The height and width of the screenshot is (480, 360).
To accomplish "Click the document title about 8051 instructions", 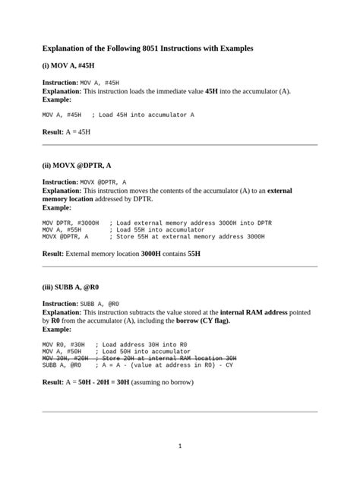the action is point(147,48).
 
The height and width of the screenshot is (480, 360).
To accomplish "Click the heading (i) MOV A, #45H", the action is point(68,66).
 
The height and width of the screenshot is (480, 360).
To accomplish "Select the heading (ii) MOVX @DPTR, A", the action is point(77,165).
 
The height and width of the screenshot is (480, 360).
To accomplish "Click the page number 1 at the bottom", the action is point(180,446).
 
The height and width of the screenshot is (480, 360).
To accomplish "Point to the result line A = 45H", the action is point(66,131).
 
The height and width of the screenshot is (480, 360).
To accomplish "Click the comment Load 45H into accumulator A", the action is point(146,115).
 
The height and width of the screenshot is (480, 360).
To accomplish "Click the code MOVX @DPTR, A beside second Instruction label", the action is point(103,182).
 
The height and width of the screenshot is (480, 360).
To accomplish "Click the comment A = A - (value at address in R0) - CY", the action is point(176,365).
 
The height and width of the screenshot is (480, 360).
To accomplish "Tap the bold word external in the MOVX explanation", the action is point(279,191).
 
